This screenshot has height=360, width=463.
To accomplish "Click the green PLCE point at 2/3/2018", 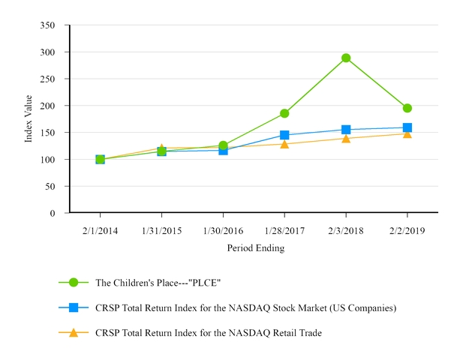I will [346, 58].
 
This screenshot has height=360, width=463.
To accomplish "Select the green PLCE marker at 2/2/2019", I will [407, 108].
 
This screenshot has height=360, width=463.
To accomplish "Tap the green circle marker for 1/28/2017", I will [284, 113].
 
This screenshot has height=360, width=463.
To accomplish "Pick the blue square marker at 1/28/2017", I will [284, 135].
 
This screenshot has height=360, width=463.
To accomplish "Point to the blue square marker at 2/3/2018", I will [346, 130].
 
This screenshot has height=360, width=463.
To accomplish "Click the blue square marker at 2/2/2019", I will [407, 127].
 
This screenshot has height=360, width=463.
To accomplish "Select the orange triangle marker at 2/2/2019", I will [407, 133].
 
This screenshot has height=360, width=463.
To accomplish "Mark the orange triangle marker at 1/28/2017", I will [284, 144].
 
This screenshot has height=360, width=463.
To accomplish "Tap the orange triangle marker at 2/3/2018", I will [346, 139].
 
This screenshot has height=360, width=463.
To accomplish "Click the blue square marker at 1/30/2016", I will [223, 150].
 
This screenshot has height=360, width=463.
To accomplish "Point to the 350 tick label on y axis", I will [48, 25].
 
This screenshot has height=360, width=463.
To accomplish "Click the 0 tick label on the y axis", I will [53, 213].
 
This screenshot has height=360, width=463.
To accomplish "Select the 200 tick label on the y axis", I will [48, 106].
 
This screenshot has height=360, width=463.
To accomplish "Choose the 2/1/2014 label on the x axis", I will [100, 231].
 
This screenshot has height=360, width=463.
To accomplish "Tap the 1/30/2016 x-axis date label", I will [223, 231].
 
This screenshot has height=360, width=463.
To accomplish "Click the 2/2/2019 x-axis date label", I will [407, 231].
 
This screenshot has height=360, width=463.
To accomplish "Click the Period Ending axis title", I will [255, 247].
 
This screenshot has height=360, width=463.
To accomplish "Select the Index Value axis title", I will [29, 118].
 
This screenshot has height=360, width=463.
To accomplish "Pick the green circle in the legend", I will [74, 282].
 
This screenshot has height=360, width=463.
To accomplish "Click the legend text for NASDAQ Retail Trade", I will [209, 332].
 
